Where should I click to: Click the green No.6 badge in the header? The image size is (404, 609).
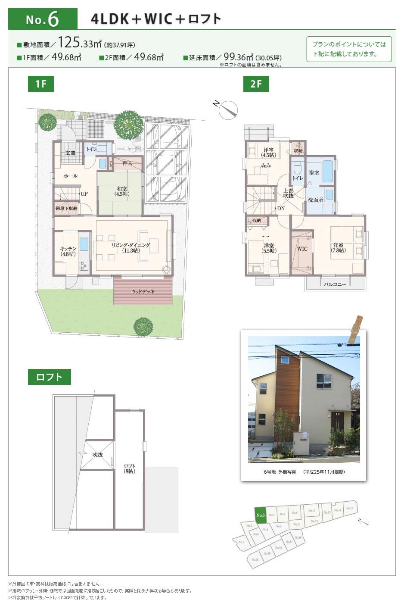(42, 19)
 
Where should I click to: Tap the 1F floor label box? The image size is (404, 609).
(41, 84)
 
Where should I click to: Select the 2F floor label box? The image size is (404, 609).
(256, 84)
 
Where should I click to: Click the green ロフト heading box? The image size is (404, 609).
(50, 377)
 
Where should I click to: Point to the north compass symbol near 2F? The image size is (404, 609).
(228, 110)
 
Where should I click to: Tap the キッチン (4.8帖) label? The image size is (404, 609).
(68, 251)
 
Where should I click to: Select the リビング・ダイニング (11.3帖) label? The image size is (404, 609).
(131, 247)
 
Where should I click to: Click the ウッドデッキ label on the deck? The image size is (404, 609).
(143, 292)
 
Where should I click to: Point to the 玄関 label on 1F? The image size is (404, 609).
(70, 153)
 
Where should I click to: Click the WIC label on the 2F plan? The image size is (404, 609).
(302, 249)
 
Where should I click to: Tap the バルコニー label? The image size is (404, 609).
(335, 284)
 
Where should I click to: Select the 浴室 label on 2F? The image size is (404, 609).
(314, 173)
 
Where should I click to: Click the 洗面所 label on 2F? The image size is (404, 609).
(315, 200)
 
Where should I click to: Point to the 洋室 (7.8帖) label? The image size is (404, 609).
(338, 247)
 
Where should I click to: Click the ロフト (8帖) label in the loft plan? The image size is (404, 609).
(130, 468)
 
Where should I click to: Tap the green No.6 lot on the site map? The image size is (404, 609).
(260, 515)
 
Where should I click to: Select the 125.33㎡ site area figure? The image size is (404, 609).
(80, 43)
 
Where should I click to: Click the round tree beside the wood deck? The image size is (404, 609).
(142, 326)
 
